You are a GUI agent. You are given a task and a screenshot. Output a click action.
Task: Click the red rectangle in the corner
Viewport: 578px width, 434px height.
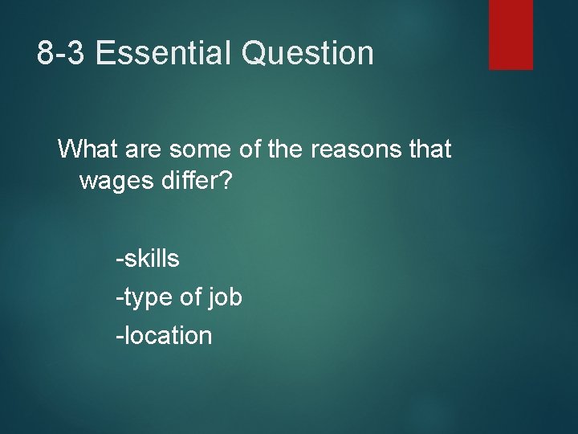tap(511, 34)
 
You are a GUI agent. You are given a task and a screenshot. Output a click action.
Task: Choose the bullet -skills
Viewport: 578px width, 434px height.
tap(148, 259)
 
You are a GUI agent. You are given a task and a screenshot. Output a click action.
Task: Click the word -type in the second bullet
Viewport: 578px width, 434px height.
tap(144, 298)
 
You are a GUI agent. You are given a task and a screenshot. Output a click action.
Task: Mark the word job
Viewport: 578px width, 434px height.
tap(225, 298)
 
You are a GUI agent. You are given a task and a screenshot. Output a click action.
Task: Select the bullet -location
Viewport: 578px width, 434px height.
tap(165, 335)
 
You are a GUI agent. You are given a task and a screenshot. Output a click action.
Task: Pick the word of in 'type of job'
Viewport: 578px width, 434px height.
tap(190, 298)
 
